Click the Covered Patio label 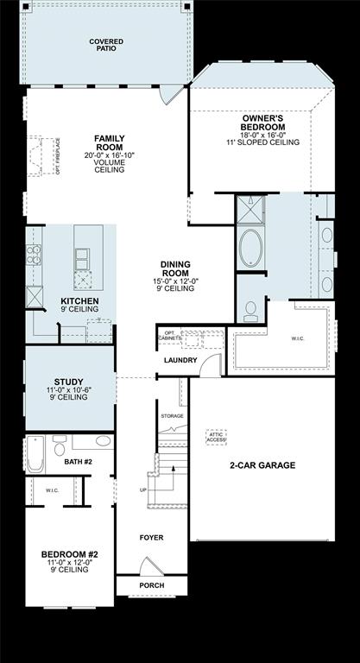[105, 45]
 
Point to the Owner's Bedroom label [263, 123]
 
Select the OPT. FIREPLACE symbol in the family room [36, 155]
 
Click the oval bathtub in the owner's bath [252, 248]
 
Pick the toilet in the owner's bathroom [249, 311]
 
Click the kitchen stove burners [35, 254]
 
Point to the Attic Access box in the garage [215, 438]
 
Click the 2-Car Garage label [262, 465]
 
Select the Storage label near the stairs [172, 416]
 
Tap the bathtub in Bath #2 [35, 454]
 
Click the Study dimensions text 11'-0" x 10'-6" [68, 391]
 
